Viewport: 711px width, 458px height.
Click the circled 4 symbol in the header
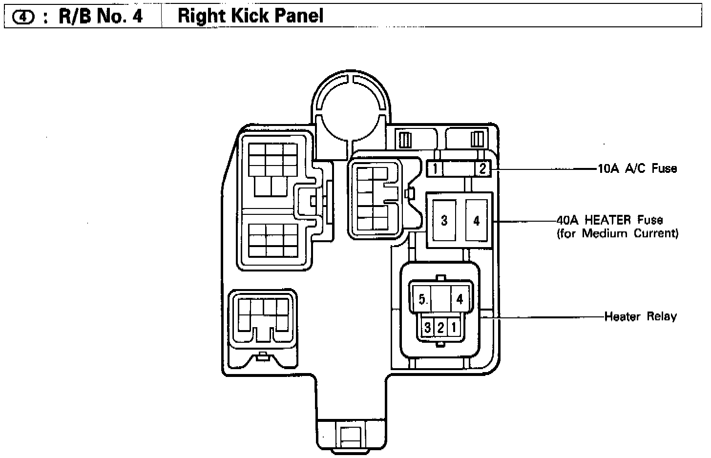point(23,17)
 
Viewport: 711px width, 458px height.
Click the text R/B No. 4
point(101,17)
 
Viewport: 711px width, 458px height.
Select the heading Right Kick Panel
point(251,16)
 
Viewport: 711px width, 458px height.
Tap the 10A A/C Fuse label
point(637,169)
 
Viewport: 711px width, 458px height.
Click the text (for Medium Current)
point(617,233)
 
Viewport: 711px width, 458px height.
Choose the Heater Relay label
point(640,316)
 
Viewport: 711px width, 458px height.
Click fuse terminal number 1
point(435,169)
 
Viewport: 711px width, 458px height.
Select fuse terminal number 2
point(482,169)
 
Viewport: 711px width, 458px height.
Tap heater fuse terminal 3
point(444,221)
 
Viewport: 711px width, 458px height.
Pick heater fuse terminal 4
point(477,221)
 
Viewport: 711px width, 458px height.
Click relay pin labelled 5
point(422,299)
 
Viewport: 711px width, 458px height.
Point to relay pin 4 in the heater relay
point(459,299)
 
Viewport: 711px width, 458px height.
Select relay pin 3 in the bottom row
point(428,327)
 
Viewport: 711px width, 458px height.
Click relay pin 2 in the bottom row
point(440,327)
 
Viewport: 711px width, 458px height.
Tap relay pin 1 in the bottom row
point(453,327)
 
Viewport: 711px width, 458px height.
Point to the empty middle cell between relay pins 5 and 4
point(440,299)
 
